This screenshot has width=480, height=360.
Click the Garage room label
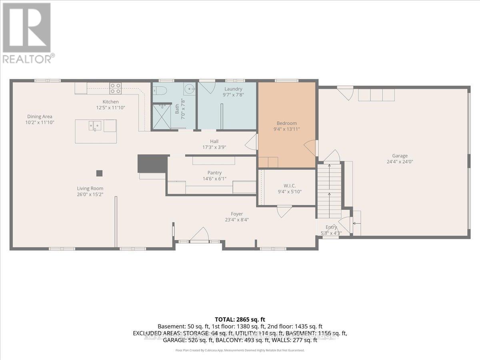(400, 156)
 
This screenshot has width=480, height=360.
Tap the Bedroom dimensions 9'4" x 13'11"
(286, 129)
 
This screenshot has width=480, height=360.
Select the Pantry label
(214, 173)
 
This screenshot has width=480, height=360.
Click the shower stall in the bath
(162, 116)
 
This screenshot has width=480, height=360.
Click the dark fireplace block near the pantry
(152, 164)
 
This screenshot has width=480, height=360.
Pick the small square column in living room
(99, 173)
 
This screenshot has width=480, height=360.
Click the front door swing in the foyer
(199, 235)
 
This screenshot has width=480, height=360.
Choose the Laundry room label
(233, 89)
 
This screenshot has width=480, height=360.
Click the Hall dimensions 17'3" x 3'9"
(214, 147)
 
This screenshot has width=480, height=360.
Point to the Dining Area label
(40, 117)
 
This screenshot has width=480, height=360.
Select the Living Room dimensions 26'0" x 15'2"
(90, 194)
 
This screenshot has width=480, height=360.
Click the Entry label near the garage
(331, 227)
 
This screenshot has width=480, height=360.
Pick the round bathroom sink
(189, 88)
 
